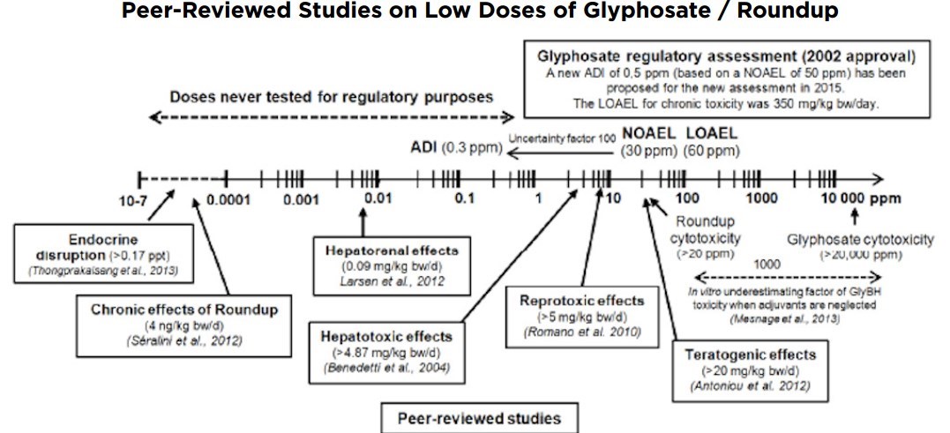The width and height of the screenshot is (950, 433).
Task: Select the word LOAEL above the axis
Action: click(x=714, y=133)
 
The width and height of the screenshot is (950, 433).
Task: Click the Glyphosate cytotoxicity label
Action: click(x=860, y=239)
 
